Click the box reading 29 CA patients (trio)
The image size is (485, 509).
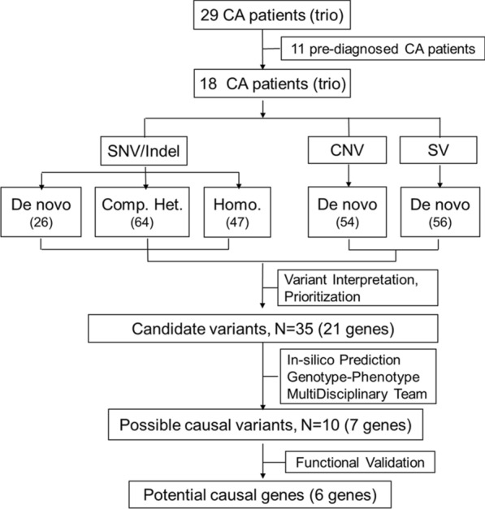click(272, 15)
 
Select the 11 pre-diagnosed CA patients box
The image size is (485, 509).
click(383, 49)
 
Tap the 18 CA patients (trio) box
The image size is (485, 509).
click(272, 84)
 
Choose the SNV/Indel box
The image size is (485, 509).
click(144, 151)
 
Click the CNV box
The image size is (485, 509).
click(347, 150)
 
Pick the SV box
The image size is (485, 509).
click(439, 150)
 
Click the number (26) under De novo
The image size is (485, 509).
click(41, 222)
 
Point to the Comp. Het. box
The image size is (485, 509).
click(142, 212)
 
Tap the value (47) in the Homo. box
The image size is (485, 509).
click(237, 222)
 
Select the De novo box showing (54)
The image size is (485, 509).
click(347, 212)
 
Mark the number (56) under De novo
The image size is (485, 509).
click(440, 222)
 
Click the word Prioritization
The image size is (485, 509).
click(323, 296)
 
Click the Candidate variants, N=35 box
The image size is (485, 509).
click(263, 329)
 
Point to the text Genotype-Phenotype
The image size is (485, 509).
click(353, 377)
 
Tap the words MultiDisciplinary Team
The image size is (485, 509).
click(357, 394)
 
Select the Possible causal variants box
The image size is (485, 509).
click(266, 425)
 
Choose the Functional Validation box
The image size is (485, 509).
click(360, 462)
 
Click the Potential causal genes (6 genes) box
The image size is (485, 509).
click(260, 495)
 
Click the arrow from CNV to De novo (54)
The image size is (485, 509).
click(349, 175)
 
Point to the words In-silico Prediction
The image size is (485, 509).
click(344, 360)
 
